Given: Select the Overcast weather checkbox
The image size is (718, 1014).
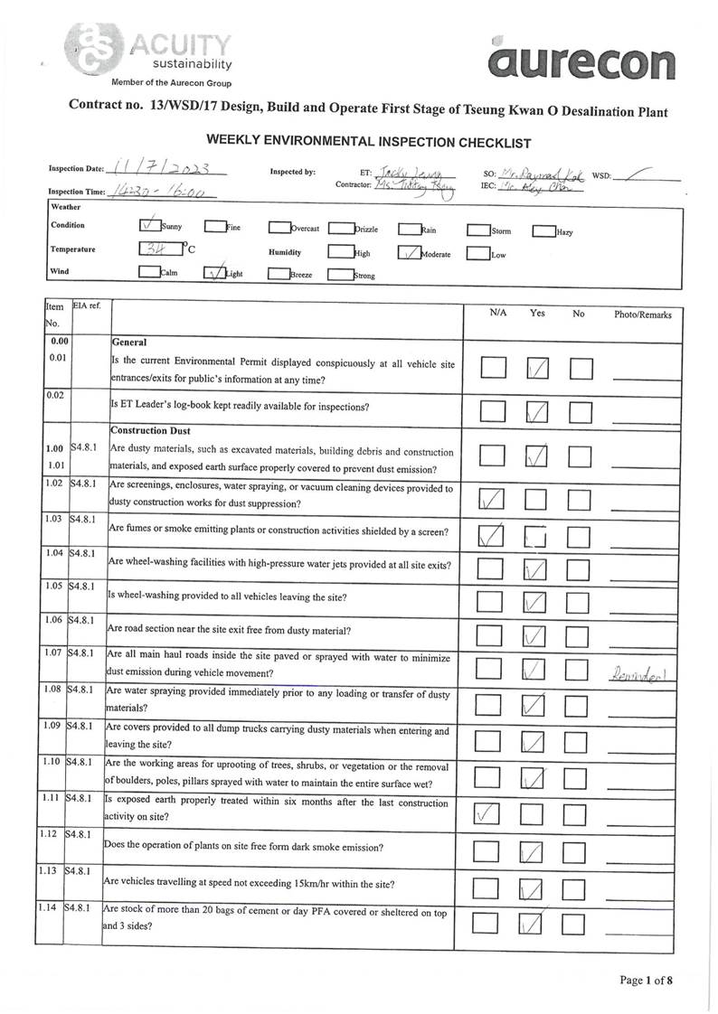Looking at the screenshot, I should point(279,229).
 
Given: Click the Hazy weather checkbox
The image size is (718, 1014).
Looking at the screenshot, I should point(543,230).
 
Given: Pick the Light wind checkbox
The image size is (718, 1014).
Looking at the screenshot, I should point(215,272).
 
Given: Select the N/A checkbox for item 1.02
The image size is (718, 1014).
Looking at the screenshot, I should point(492,498).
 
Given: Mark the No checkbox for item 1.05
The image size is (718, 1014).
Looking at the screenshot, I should point(580,601).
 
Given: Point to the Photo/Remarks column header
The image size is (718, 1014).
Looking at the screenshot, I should point(643,315).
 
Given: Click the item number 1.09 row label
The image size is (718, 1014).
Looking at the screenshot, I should point(52,726).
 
